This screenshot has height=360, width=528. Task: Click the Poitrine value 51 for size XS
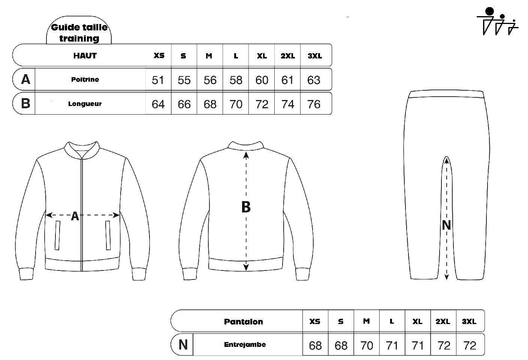(x=158, y=80)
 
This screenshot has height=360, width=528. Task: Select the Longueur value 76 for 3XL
(x=314, y=104)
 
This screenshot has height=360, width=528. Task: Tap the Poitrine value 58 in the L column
(x=236, y=80)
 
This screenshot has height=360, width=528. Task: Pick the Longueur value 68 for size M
(x=210, y=104)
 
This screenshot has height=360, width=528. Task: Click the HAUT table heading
(x=85, y=56)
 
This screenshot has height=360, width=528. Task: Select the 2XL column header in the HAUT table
(x=287, y=56)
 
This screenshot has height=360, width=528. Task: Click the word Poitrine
(x=85, y=79)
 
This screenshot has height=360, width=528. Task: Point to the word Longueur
(x=85, y=104)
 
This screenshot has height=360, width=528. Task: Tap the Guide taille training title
(x=79, y=33)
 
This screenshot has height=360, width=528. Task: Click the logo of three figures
(x=497, y=21)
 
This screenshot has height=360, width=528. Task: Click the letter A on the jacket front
(x=75, y=216)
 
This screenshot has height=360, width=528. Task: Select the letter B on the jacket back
(x=246, y=207)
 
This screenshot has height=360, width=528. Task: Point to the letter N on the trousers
(x=446, y=225)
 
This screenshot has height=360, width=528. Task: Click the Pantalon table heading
(x=243, y=321)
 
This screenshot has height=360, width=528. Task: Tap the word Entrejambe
(x=245, y=344)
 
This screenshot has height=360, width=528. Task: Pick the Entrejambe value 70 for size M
(x=366, y=346)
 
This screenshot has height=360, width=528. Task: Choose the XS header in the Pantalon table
(x=315, y=321)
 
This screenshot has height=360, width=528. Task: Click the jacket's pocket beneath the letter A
(x=57, y=235)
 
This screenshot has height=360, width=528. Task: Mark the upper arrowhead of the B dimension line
(x=246, y=155)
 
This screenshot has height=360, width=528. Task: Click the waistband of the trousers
(x=446, y=94)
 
